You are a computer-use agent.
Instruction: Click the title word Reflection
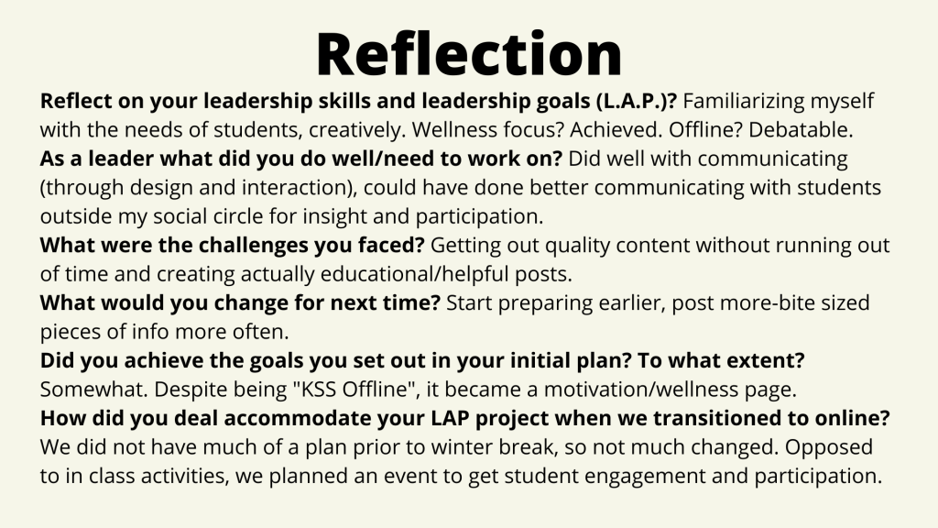coord(469,54)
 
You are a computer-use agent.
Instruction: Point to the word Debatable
coord(801,130)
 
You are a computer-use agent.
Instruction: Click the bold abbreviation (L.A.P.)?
coord(636,101)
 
